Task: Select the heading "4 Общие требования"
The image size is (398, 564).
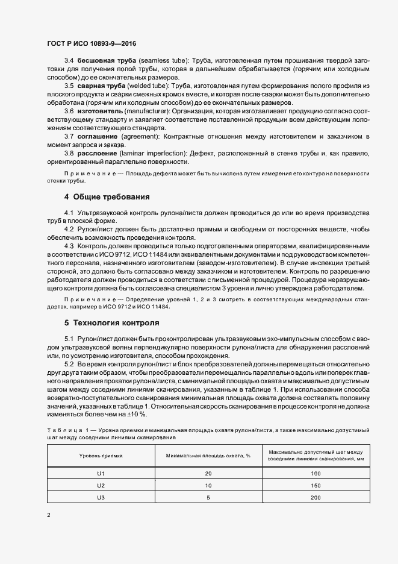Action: pyautogui.click(x=107, y=197)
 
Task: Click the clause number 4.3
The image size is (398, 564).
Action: pyautogui.click(x=69, y=247)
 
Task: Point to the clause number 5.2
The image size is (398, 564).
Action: pyautogui.click(x=69, y=365)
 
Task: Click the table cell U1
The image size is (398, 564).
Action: pyautogui.click(x=101, y=473)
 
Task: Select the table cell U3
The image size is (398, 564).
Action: pyautogui.click(x=101, y=497)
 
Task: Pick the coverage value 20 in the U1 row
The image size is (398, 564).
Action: pyautogui.click(x=208, y=473)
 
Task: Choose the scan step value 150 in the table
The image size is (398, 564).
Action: pyautogui.click(x=316, y=485)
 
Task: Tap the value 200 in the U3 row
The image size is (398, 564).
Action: pyautogui.click(x=316, y=497)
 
